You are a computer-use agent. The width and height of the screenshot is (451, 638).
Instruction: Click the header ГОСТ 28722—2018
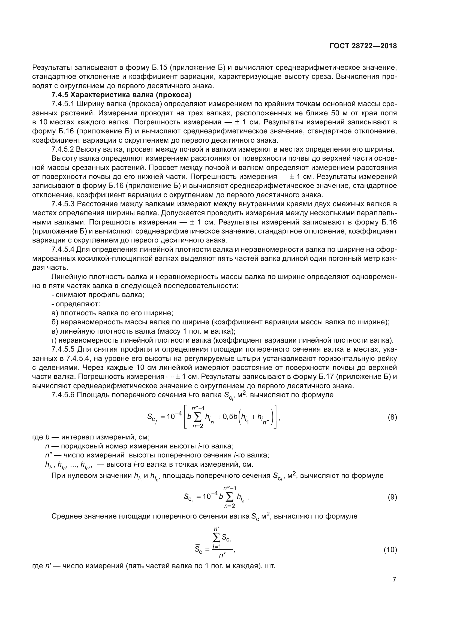click(363, 46)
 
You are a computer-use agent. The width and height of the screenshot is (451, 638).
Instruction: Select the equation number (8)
click(392, 417)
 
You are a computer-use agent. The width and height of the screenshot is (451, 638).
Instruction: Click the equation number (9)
click(392, 497)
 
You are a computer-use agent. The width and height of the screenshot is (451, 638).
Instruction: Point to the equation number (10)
click(390, 550)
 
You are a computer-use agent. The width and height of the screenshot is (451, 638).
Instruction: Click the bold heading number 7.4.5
click(60, 95)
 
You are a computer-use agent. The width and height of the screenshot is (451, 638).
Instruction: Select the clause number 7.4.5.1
click(63, 104)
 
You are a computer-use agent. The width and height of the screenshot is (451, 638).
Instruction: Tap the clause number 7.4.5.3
click(63, 204)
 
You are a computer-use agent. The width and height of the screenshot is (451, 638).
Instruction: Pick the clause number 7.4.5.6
click(63, 395)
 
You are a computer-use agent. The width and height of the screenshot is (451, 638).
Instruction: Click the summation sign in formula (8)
click(197, 417)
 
